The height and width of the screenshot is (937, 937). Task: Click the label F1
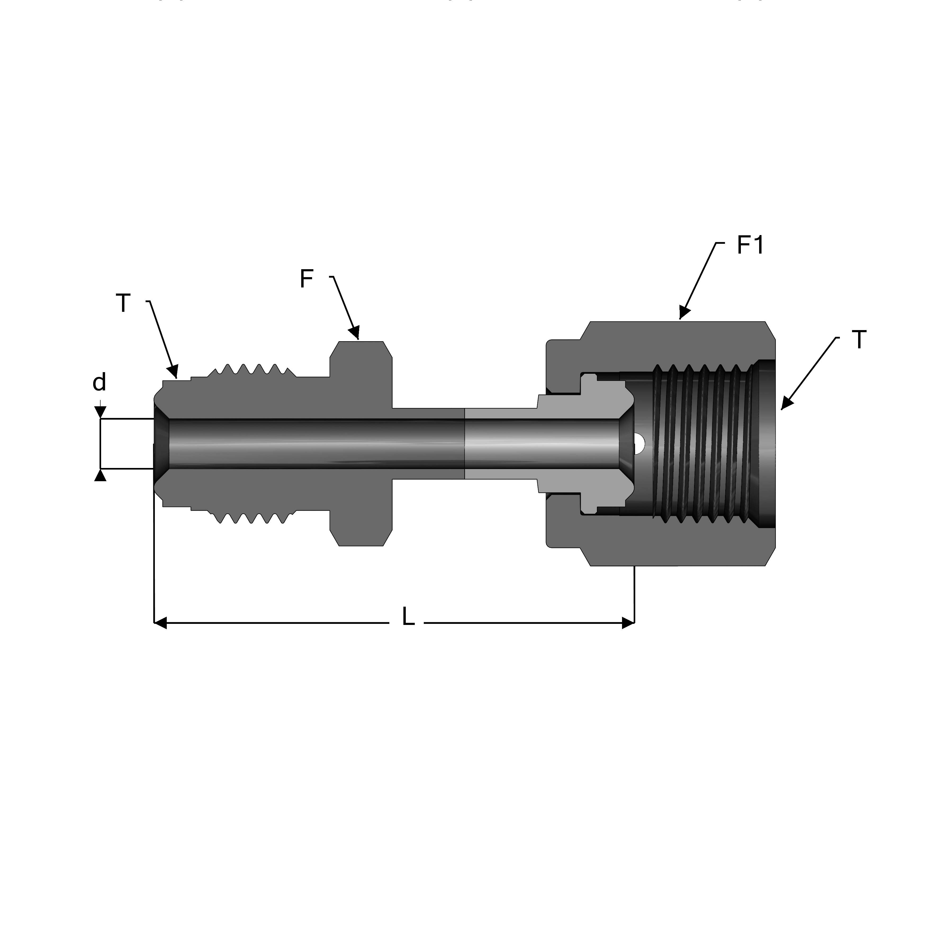(750, 246)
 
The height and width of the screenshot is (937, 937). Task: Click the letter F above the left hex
(306, 279)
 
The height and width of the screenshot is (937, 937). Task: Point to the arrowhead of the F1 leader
(684, 313)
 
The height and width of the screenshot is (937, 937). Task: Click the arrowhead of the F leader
(354, 332)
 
